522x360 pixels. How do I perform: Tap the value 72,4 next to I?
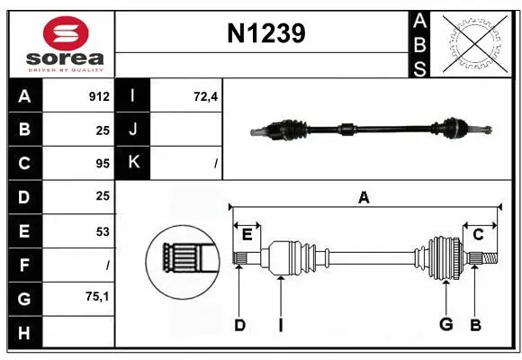tap(206, 96)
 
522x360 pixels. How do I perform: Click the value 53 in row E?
tap(102, 231)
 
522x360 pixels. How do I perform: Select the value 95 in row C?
tap(102, 164)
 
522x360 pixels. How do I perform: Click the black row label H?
tap(24, 332)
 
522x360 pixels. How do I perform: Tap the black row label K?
tap(134, 163)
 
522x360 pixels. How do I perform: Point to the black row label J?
tap(134, 130)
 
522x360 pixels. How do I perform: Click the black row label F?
tap(24, 265)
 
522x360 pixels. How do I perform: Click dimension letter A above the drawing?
tap(364, 197)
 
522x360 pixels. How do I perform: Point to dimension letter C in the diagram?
tap(478, 235)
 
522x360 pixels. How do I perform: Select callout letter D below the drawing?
tap(239, 325)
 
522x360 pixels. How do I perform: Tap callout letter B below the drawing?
tap(474, 325)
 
